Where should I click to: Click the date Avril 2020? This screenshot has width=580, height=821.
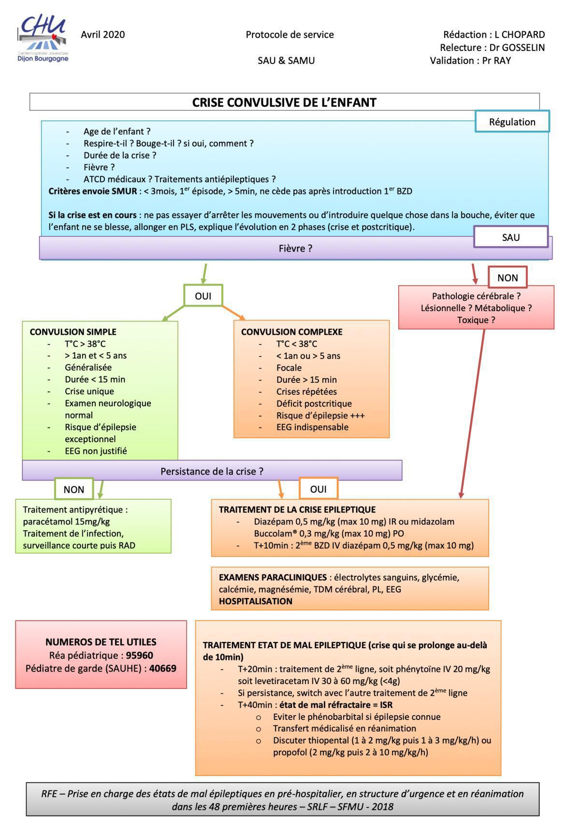tap(102, 34)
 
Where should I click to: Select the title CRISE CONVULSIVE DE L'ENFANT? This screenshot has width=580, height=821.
tap(284, 103)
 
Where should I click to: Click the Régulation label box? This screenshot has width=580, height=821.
tap(512, 121)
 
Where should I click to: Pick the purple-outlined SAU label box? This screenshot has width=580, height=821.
tap(510, 237)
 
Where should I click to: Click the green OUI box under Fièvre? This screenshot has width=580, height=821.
tap(203, 296)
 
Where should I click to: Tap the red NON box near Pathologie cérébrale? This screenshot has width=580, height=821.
tap(507, 278)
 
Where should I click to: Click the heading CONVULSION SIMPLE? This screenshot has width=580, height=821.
tap(73, 332)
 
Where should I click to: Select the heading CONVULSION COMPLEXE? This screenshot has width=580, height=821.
tap(291, 332)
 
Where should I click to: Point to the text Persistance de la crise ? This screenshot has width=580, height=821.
tap(212, 471)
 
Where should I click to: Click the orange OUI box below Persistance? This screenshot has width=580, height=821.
tap(318, 489)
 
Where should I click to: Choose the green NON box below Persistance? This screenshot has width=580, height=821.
tap(73, 489)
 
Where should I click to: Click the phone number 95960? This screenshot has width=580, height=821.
tap(140, 656)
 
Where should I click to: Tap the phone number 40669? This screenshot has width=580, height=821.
tap(163, 669)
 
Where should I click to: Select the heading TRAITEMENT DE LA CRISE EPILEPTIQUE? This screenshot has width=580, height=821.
tap(297, 509)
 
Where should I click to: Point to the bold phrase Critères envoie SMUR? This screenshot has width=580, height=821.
tap(92, 191)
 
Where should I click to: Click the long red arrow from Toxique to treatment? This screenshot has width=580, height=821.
tap(473, 411)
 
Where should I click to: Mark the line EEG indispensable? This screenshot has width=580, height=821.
tap(312, 427)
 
